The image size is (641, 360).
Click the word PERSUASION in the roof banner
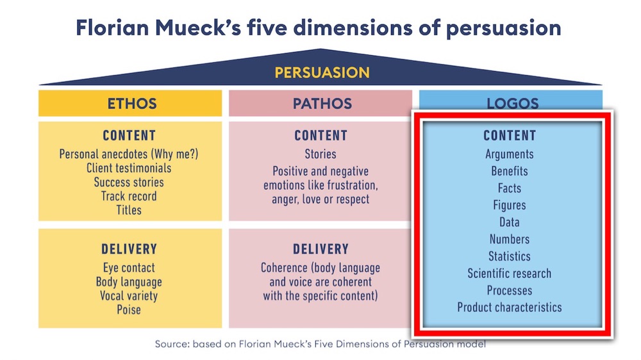click(322, 72)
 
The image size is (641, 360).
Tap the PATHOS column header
click(322, 104)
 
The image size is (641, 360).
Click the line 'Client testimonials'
click(129, 168)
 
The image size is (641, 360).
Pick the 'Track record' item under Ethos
click(129, 196)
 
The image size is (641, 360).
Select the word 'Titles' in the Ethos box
click(129, 209)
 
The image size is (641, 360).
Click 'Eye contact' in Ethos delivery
click(129, 268)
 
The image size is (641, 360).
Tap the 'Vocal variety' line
click(129, 296)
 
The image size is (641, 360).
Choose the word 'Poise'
click(129, 310)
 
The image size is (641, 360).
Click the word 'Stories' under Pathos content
click(320, 154)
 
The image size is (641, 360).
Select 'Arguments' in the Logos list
click(510, 154)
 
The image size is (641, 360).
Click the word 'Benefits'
click(510, 171)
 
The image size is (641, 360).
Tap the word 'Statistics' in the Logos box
click(510, 256)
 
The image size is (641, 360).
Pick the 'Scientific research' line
click(510, 274)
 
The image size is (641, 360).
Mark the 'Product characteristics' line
click(510, 307)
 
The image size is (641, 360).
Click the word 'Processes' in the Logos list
click(510, 290)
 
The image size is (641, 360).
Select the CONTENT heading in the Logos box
click(510, 136)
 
